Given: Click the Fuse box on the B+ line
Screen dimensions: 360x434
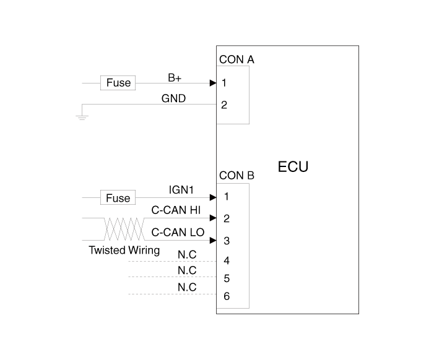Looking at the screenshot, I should [118, 82].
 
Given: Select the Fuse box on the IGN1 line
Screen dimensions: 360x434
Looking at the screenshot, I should [118, 198].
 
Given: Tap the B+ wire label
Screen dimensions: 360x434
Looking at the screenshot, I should [175, 78].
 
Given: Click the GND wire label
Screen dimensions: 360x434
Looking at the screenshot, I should [173, 98].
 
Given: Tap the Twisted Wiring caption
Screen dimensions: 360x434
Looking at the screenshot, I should [124, 251].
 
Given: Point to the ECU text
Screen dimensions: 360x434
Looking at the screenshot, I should [293, 167].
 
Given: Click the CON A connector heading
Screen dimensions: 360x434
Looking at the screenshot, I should [237, 60].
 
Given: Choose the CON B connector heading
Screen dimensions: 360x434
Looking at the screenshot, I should [237, 176].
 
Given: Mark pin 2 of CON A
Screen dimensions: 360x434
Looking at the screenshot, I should [224, 105].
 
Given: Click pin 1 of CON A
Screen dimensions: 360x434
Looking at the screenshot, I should [224, 82].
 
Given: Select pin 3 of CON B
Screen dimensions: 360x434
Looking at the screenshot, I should [227, 240].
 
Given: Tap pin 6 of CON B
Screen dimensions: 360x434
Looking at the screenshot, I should [227, 296].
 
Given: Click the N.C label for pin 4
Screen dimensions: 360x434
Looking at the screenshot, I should [187, 255].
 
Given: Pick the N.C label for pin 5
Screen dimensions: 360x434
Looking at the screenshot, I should [187, 271].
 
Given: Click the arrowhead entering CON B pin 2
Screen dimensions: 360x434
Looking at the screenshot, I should [212, 218].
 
